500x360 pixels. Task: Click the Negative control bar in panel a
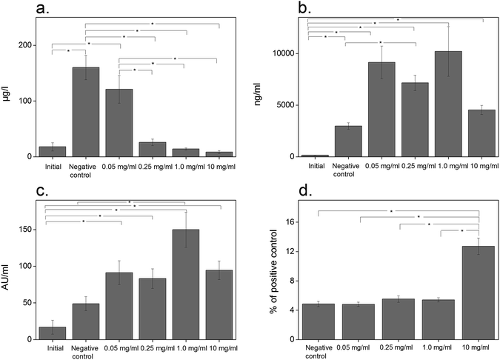click(86, 112)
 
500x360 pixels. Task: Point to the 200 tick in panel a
click(26, 45)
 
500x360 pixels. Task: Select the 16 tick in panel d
click(291, 222)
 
